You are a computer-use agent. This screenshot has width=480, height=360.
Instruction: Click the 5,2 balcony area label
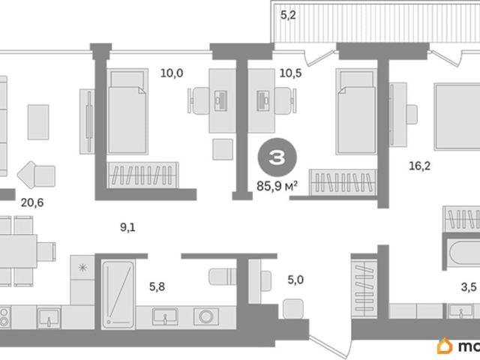288,15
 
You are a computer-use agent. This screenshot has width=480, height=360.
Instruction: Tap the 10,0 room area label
172,73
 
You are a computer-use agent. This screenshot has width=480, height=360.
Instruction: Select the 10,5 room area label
290,73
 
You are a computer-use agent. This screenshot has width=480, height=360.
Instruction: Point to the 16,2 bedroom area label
420,166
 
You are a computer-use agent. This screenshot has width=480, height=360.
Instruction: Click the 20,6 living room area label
32,202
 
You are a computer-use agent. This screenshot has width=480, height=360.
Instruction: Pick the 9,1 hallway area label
127,227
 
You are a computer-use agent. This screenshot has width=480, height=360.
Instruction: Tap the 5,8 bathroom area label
157,286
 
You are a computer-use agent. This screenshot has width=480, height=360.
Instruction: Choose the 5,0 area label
295,280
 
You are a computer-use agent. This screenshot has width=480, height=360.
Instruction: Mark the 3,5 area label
469,286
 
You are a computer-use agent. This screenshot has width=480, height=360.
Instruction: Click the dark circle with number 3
277,157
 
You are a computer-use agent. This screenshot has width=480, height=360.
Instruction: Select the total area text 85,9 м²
277,186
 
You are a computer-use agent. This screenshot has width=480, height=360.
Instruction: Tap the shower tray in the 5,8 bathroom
118,295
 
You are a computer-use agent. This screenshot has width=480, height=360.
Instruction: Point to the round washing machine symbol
206,316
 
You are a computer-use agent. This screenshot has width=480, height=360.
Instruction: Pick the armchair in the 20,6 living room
37,175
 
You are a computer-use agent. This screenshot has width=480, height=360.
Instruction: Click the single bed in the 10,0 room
127,112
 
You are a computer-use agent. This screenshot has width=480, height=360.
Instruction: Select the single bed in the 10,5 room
355,112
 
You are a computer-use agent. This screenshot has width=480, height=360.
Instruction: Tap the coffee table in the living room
38,122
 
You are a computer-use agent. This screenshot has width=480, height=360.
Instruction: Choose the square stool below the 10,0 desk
223,149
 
